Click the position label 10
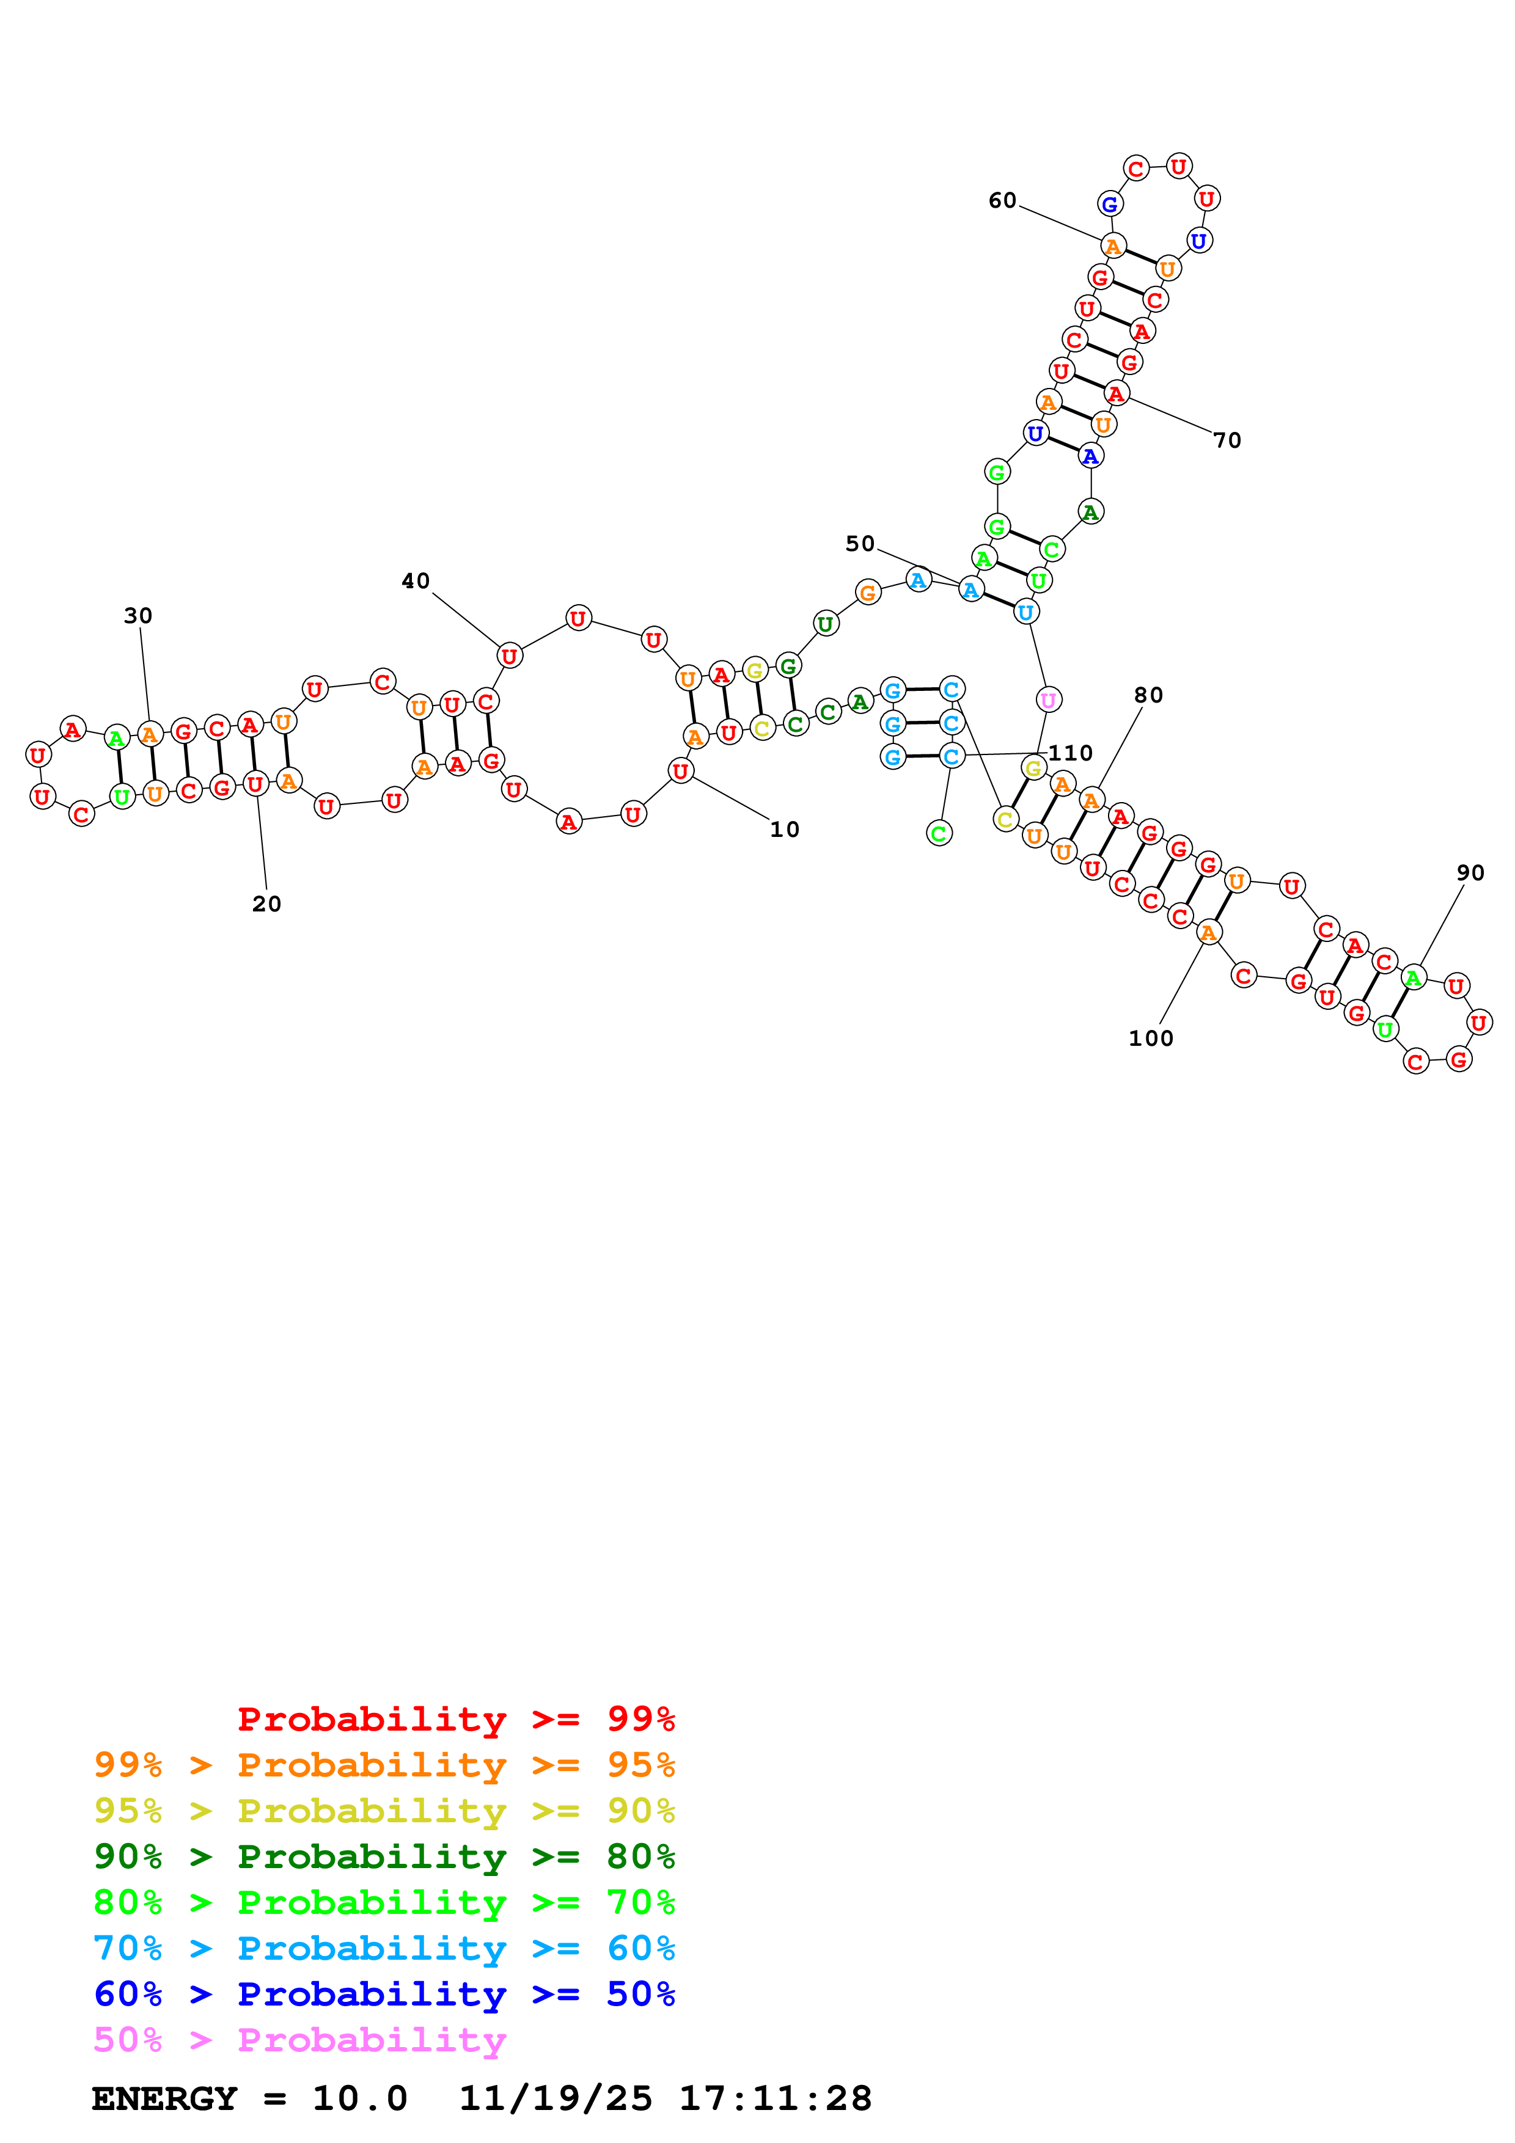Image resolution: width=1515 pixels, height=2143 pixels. coord(784,830)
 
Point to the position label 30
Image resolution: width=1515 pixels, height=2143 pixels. coord(138,616)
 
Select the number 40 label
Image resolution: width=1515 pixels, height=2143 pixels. coord(416,582)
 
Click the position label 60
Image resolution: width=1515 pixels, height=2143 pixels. coord(1002,200)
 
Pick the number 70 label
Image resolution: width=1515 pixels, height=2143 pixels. coord(1228,440)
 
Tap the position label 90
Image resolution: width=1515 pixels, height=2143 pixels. coord(1470,873)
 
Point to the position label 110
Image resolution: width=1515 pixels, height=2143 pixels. coord(1071,753)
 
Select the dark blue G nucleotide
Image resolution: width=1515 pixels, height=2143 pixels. coord(1110,203)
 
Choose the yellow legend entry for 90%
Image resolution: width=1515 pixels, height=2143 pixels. coord(384,1810)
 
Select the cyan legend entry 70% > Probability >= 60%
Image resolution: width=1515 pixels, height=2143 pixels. coord(384,1948)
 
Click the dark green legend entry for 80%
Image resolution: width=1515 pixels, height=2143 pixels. coord(384,1856)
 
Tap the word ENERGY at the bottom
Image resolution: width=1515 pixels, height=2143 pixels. coord(165,2098)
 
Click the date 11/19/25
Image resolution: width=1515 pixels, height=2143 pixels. coord(556,2098)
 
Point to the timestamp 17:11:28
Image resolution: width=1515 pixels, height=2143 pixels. coord(775,2098)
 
